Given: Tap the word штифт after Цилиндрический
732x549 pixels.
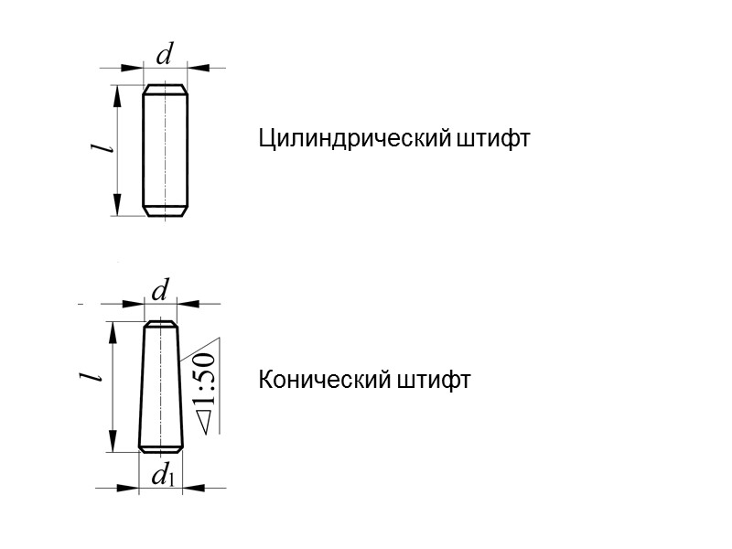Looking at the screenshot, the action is point(493,140).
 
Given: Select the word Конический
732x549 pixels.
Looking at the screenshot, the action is point(325,380).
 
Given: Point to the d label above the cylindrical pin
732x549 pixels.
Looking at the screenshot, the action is point(165,55).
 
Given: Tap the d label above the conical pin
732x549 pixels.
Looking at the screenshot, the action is point(160,291).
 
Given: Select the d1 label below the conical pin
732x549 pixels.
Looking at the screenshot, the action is point(163,475).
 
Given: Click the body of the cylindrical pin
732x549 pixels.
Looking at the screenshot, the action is point(166,151).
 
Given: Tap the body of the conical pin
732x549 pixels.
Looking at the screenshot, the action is point(161,384).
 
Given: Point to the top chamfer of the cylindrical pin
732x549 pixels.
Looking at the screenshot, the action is point(166,90).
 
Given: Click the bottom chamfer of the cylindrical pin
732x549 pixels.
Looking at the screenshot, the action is point(166,211).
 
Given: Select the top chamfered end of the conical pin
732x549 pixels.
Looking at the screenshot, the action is point(161,325).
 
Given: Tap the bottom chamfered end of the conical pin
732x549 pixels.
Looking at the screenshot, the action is point(161,448).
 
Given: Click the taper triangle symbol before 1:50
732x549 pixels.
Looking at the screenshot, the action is point(205,422).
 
